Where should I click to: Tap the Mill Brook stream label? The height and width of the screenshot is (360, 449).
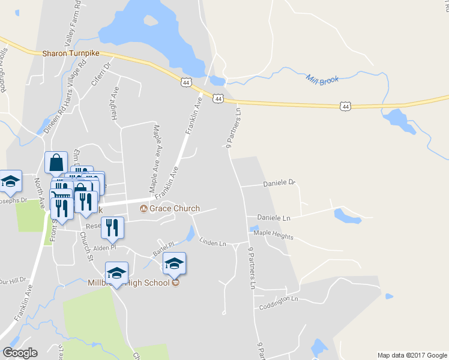click(322, 79)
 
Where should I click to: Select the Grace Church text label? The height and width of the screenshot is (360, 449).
click(175, 209)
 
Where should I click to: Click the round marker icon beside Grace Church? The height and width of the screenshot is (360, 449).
click(143, 209)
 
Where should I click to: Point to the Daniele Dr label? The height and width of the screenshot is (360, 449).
click(280, 182)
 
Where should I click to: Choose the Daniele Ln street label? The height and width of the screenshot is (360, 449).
click(274, 217)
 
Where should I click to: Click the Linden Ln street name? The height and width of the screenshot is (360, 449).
click(212, 242)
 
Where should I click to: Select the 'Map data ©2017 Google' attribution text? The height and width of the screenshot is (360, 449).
click(412, 355)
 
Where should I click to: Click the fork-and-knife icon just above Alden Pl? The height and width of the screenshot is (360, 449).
click(112, 227)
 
